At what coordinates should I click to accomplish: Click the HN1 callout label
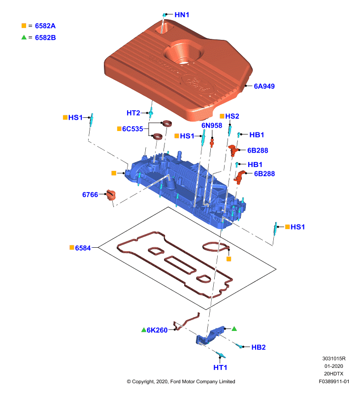click(182, 15)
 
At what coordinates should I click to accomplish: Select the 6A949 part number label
click(264, 86)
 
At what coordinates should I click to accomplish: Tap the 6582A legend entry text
click(45, 26)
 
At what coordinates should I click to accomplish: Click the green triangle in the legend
click(24, 37)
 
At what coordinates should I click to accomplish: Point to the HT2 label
click(133, 113)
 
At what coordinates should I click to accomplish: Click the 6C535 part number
click(132, 129)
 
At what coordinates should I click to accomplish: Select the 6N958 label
click(212, 126)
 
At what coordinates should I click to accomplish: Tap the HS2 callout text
click(232, 116)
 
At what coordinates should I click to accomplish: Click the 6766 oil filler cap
click(110, 195)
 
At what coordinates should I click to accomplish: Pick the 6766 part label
click(90, 195)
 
